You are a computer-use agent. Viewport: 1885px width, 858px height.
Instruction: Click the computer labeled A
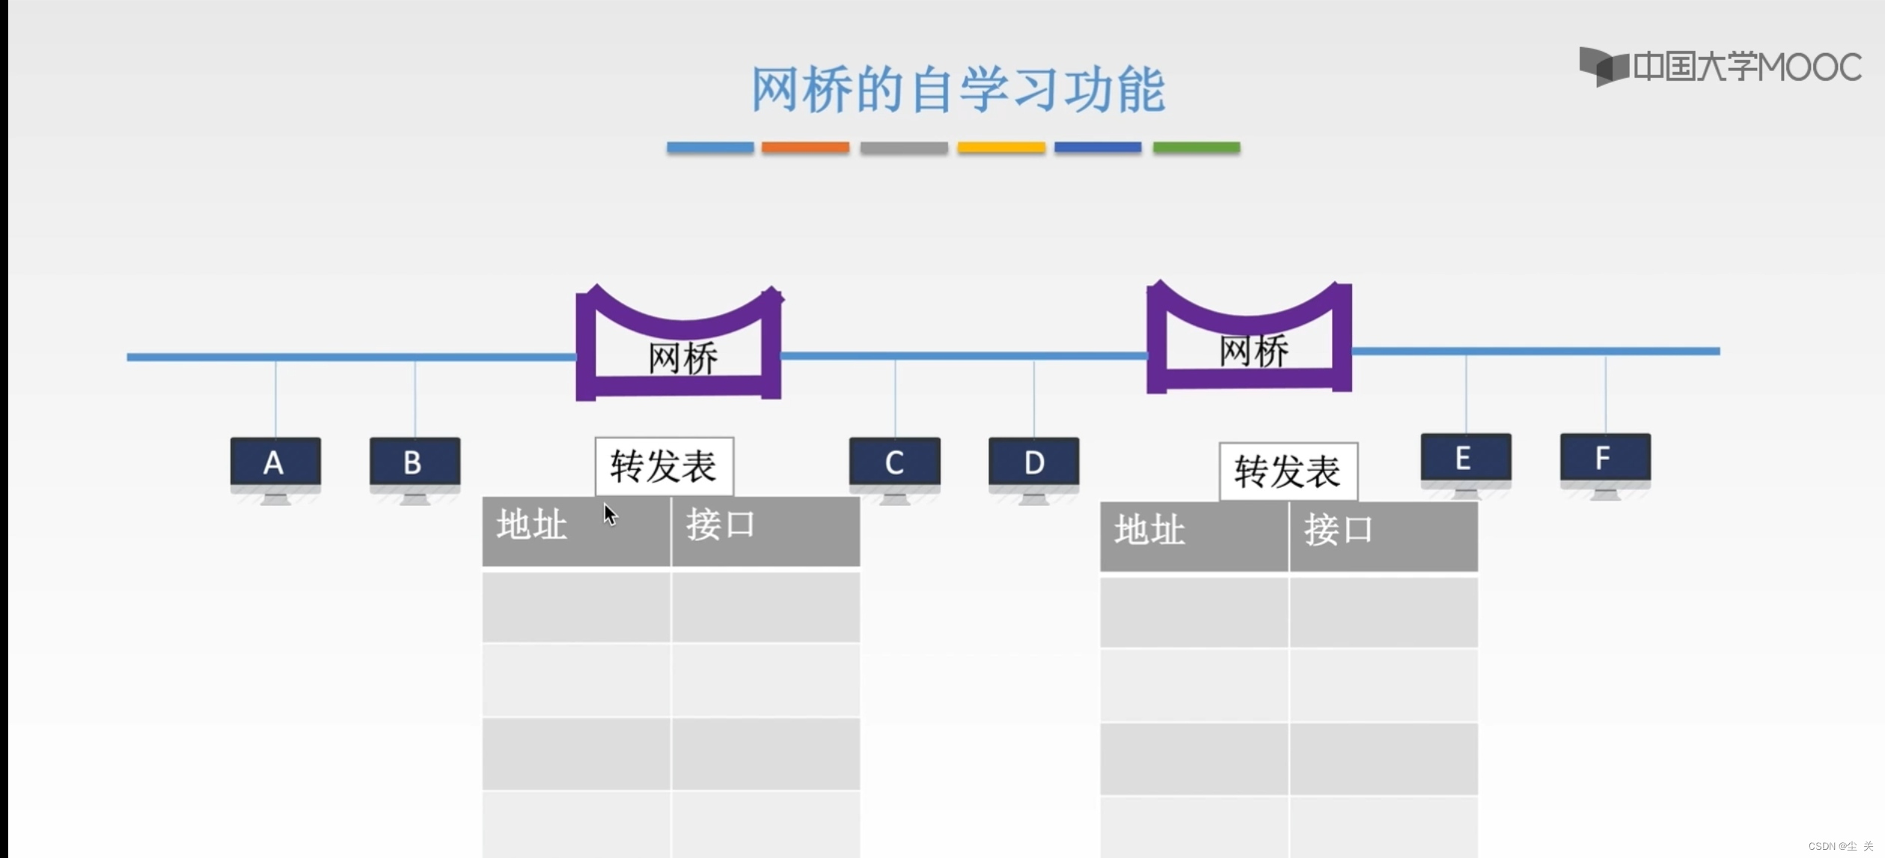point(275,467)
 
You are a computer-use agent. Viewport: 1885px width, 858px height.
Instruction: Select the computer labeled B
point(415,467)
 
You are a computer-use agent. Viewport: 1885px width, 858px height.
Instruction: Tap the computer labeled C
point(894,467)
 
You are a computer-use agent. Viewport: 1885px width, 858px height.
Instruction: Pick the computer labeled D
point(1033,467)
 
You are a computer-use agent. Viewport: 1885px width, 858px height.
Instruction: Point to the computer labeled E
point(1465,462)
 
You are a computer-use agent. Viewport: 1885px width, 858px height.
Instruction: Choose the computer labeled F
point(1605,462)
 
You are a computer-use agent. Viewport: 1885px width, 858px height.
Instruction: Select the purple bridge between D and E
point(1249,344)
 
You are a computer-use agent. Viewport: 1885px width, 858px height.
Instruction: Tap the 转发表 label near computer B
point(664,467)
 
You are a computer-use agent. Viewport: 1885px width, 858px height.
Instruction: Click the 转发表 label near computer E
point(1288,472)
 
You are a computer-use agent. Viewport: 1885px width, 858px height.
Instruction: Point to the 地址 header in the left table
point(532,524)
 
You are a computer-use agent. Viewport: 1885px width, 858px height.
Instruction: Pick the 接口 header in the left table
point(721,524)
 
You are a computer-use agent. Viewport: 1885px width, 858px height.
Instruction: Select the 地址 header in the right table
point(1149,530)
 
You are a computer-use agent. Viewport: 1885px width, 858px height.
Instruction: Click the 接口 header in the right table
point(1339,530)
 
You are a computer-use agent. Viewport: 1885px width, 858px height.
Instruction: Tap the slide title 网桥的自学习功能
point(957,90)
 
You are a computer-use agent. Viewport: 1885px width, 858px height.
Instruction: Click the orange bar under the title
point(805,147)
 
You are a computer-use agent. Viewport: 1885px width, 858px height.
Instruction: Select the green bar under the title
point(1196,147)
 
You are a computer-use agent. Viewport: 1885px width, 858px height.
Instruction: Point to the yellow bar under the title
point(1000,147)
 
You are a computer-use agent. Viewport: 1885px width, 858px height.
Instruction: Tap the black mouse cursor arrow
point(610,515)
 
